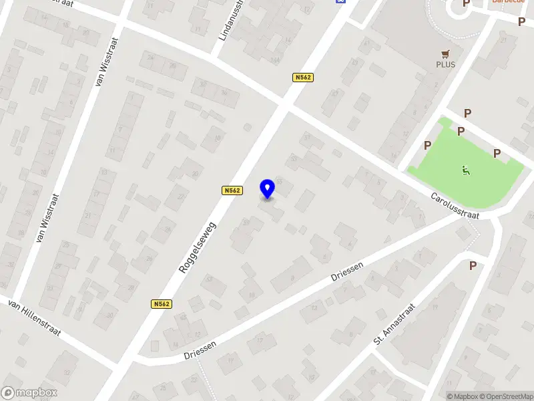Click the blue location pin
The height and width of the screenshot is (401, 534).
(x=267, y=188)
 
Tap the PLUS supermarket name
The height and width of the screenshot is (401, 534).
(x=445, y=64)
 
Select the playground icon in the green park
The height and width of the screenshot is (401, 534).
(x=465, y=171)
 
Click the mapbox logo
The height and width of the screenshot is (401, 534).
(x=29, y=392)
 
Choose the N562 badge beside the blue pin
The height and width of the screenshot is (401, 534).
(x=232, y=190)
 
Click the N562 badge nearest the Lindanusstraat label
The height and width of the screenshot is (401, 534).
(x=302, y=78)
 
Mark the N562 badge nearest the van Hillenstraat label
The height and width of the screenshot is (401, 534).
(x=162, y=303)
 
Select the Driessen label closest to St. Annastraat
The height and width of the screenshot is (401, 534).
(x=347, y=271)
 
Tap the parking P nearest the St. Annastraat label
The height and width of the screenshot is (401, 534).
(x=473, y=265)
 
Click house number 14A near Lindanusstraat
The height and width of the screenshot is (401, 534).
(x=274, y=60)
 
